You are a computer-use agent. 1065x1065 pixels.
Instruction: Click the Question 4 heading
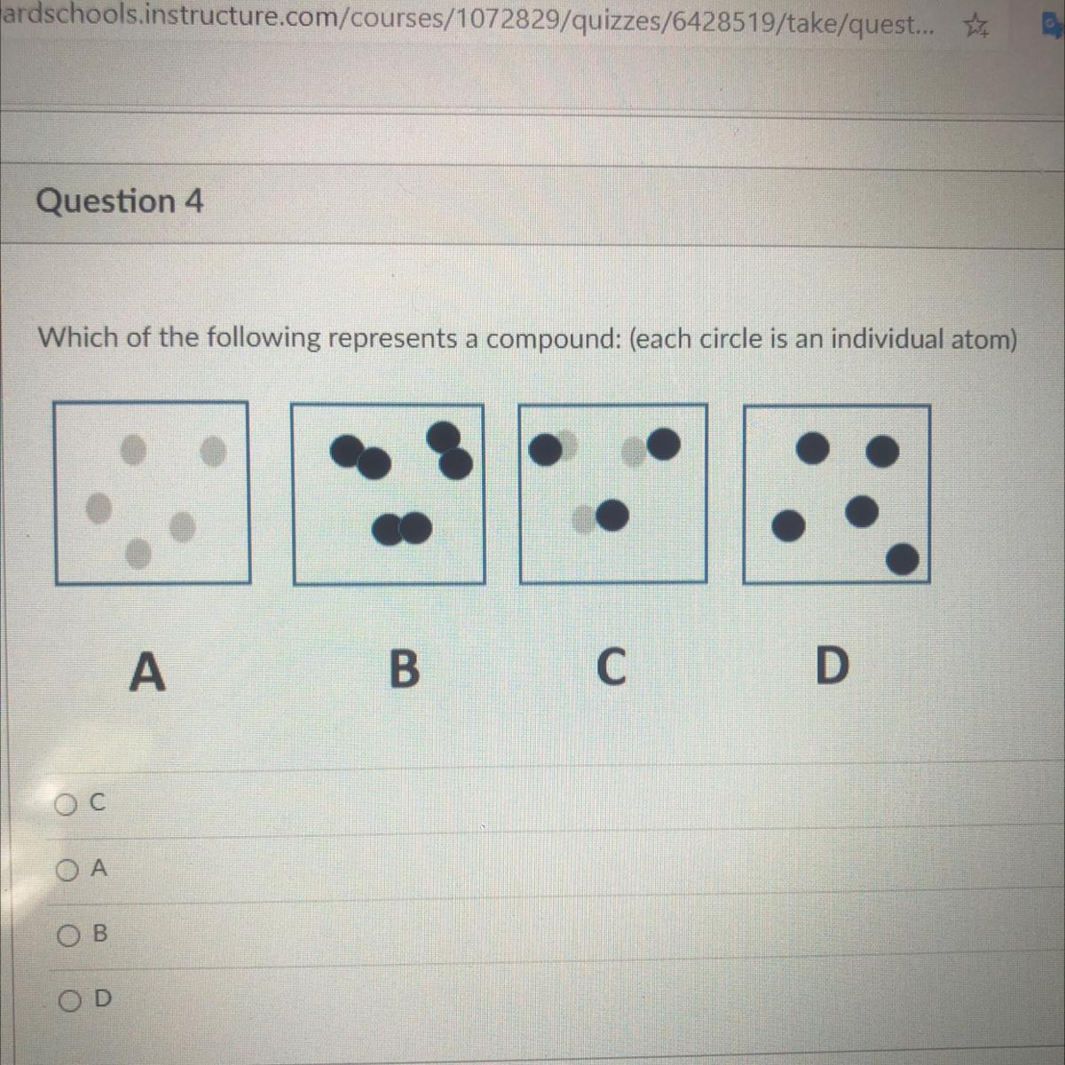pyautogui.click(x=120, y=201)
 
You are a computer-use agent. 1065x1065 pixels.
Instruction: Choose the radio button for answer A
pyautogui.click(x=67, y=872)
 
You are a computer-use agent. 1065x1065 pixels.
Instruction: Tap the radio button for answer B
pyautogui.click(x=68, y=936)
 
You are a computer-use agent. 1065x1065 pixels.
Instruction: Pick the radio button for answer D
pyautogui.click(x=69, y=1001)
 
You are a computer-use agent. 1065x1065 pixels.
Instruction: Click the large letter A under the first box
pyautogui.click(x=147, y=671)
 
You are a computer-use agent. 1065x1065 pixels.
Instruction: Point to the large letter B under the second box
pyautogui.click(x=405, y=668)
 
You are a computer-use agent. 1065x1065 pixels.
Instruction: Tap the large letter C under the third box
pyautogui.click(x=611, y=667)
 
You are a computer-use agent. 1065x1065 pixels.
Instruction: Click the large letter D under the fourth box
pyautogui.click(x=832, y=666)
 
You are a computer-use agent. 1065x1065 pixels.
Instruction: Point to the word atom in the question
pyautogui.click(x=982, y=339)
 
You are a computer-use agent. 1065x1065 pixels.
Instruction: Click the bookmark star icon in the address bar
pyautogui.click(x=976, y=26)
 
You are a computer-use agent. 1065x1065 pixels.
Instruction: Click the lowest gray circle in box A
pyautogui.click(x=138, y=553)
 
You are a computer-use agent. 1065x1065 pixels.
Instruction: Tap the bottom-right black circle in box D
pyautogui.click(x=902, y=559)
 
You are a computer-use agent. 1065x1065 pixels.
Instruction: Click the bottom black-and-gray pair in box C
pyautogui.click(x=600, y=517)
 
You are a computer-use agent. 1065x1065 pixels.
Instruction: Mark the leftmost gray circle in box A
pyautogui.click(x=99, y=508)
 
